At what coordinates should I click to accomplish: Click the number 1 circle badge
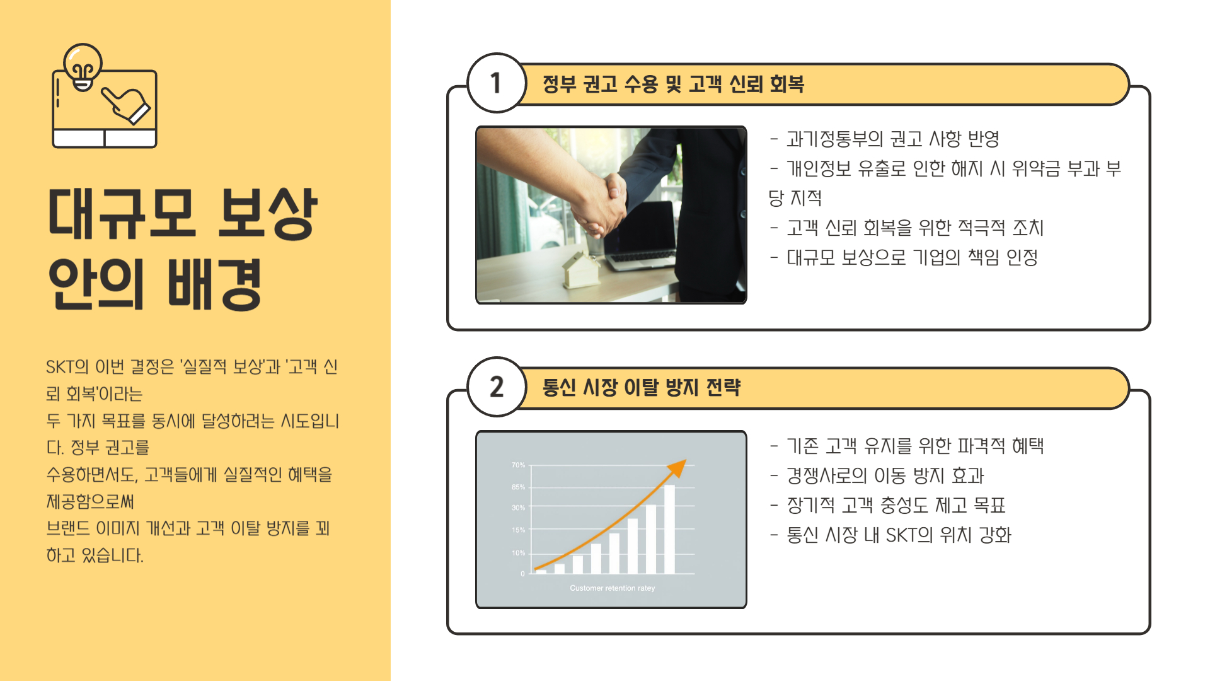coord(497,83)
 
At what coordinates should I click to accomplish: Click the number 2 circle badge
coord(497,387)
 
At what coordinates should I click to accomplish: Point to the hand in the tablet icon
coord(127,105)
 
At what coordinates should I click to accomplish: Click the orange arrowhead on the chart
coord(677,467)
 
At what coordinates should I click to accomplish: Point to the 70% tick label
coord(518,465)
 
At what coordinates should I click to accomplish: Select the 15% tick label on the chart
coord(518,530)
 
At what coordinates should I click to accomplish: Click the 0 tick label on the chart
coord(522,574)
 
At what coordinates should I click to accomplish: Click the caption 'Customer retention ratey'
coord(612,588)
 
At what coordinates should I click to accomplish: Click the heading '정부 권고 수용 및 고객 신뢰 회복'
coord(673,84)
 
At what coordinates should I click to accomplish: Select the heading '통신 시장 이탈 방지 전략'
coord(641,387)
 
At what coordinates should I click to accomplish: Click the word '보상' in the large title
coord(267,214)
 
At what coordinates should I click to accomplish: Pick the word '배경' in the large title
coord(214,284)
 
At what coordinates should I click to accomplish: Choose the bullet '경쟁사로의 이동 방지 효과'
coord(885,475)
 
